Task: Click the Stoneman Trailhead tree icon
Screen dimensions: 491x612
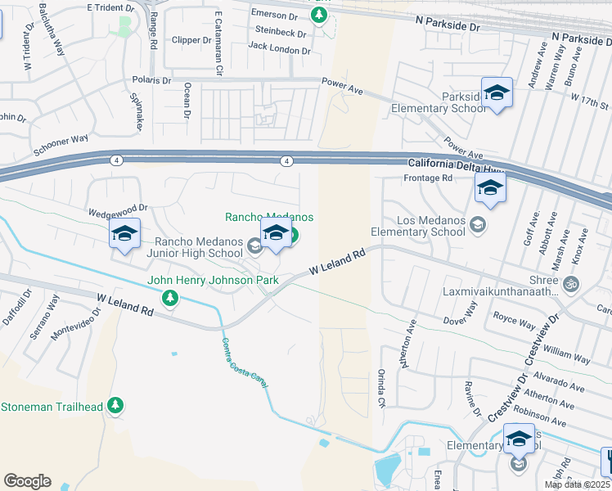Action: pos(115,404)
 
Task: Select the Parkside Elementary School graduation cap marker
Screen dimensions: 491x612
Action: pos(497,94)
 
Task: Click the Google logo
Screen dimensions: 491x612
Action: pos(27,481)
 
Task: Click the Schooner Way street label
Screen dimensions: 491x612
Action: pos(60,145)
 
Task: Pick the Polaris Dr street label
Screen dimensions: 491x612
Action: pos(151,81)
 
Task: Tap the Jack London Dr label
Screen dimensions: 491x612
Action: pos(280,50)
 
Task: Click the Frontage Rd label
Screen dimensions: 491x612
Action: pos(430,178)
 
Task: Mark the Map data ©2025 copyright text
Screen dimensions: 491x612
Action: pos(578,484)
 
